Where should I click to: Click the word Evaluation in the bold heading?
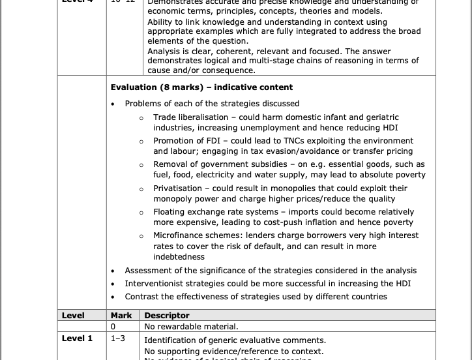click(x=134, y=87)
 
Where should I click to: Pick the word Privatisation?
click(x=177, y=188)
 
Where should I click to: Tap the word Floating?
click(x=170, y=212)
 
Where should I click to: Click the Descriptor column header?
click(x=167, y=316)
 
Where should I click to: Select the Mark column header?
click(x=121, y=316)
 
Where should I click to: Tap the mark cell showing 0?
click(x=113, y=327)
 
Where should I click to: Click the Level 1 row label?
click(x=77, y=339)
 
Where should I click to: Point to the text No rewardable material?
click(x=191, y=327)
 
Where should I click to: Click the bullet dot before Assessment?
click(x=113, y=271)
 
